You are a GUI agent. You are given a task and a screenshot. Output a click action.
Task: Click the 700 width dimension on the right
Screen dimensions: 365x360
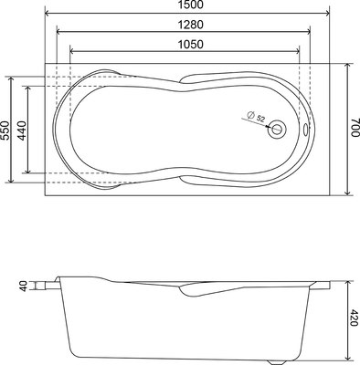(353, 128)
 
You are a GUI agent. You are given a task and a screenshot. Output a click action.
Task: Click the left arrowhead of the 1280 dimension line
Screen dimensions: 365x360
(58, 33)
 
